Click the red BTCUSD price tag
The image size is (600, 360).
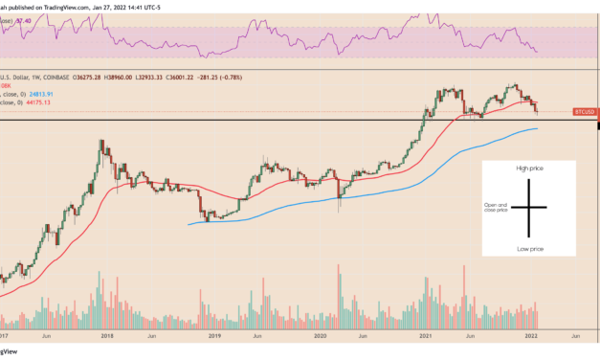584,112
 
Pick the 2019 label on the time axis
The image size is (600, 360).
216,337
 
